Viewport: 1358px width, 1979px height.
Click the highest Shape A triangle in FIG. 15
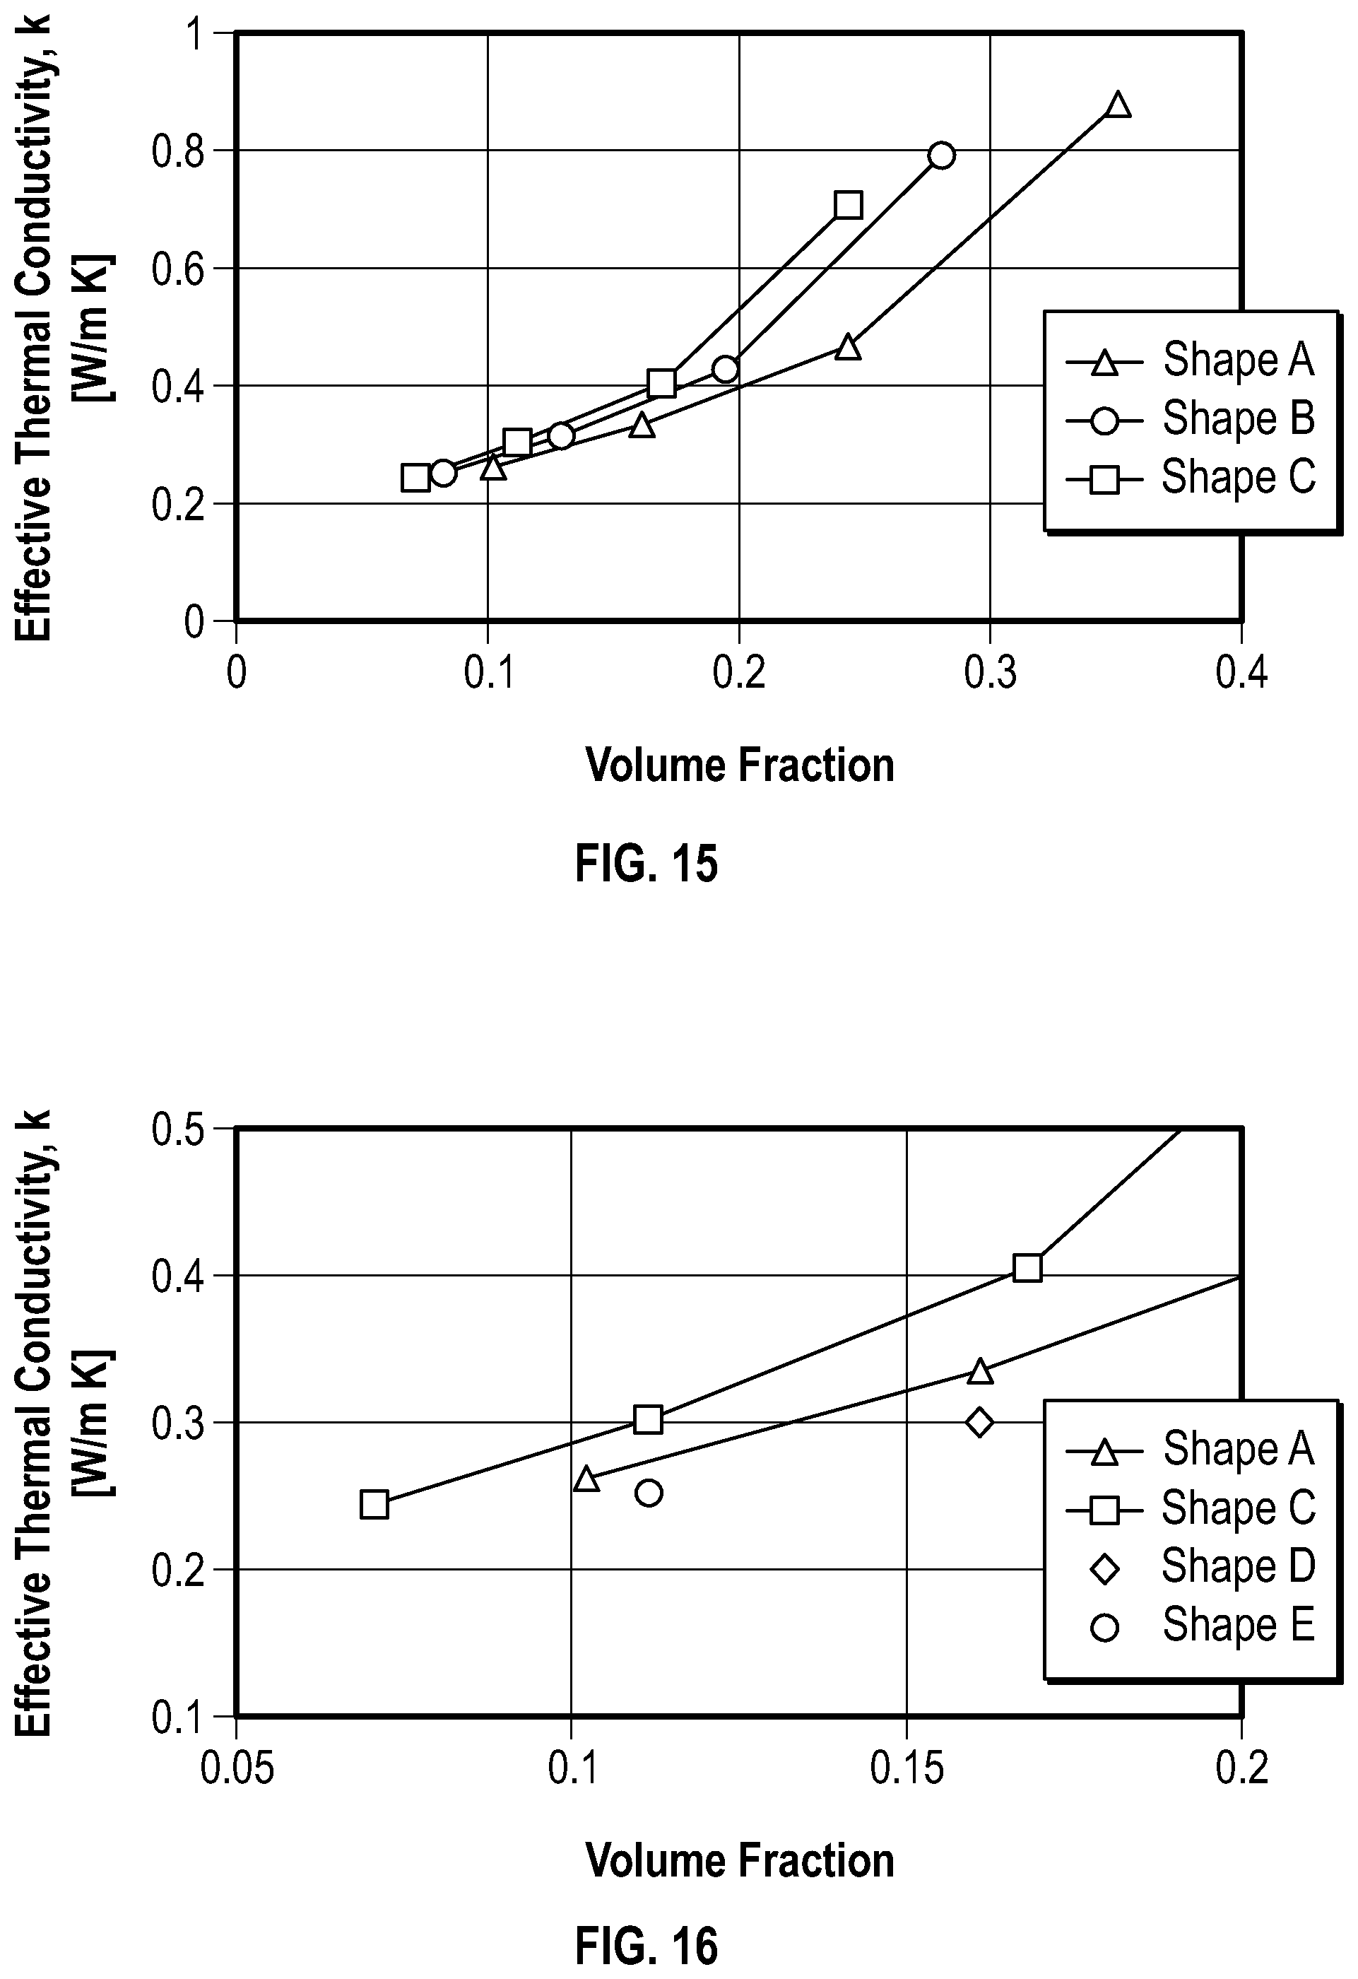click(1118, 105)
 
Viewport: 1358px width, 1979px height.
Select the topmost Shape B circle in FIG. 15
click(941, 155)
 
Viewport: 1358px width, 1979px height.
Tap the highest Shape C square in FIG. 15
click(848, 205)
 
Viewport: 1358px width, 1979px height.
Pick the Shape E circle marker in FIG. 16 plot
click(649, 1492)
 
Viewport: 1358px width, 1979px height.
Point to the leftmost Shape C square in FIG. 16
click(374, 1504)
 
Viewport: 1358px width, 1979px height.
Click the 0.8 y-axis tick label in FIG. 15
click(178, 151)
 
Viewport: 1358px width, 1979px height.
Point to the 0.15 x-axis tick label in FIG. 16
click(907, 1768)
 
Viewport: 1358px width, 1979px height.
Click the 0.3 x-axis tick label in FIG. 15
click(990, 673)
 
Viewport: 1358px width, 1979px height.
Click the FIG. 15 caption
click(646, 864)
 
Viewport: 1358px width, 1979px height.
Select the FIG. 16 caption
click(646, 1946)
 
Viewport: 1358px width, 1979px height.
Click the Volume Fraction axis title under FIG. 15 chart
click(740, 765)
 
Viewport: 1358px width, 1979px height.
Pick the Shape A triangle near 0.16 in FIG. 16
click(980, 1370)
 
